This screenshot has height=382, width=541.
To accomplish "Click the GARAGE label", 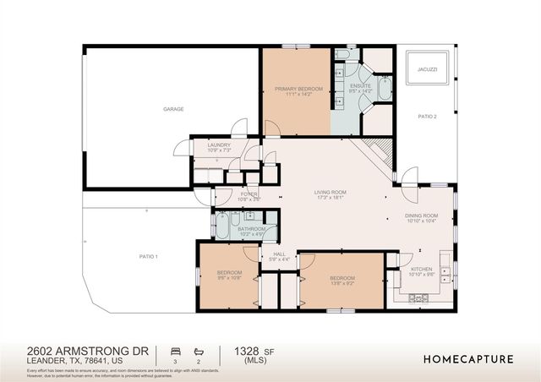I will (173, 109).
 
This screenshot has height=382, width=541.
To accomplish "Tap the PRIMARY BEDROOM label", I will (295, 88).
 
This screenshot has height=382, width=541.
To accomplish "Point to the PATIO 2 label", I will (427, 116).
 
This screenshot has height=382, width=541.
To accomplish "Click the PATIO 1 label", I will (149, 256).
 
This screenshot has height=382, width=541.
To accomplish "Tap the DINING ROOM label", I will (421, 215).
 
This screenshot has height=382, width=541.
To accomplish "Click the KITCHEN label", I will (421, 269).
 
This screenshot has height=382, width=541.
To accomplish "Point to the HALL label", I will (279, 254).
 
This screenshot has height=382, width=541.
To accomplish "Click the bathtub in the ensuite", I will (384, 89).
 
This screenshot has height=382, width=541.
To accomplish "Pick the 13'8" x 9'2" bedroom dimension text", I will (342, 283).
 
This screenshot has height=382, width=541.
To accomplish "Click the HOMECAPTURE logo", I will (467, 358).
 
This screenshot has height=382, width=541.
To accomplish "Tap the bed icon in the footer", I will (175, 350).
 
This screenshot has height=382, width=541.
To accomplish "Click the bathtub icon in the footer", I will (199, 350).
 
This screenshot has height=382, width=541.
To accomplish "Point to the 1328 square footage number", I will (246, 350).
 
